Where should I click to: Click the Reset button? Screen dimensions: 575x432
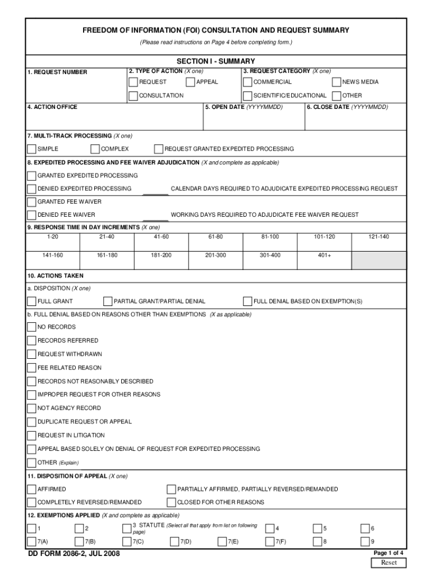click(x=389, y=563)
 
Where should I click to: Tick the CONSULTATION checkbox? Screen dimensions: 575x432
click(x=133, y=95)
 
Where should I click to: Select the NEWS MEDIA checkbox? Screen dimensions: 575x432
click(x=337, y=82)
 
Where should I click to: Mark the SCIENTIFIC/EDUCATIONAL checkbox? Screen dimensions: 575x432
click(x=247, y=95)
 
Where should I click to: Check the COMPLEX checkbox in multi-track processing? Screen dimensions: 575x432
click(x=95, y=149)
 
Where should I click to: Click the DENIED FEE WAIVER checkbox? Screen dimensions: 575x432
click(x=32, y=215)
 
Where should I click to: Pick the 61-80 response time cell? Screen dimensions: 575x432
click(x=215, y=237)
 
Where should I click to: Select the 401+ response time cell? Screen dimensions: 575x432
click(x=324, y=255)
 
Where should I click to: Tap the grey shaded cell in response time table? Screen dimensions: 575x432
click(x=379, y=259)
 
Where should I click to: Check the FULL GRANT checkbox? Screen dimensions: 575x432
click(x=32, y=302)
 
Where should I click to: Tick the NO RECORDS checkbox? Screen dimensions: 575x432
click(x=32, y=327)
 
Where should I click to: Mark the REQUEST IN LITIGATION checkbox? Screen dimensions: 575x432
click(x=32, y=435)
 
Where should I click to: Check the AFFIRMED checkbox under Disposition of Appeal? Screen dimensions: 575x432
click(x=32, y=489)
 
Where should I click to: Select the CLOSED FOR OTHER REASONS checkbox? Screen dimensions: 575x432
click(x=171, y=502)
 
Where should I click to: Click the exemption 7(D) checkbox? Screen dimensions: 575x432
click(x=174, y=541)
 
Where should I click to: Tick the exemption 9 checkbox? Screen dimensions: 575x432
click(x=365, y=541)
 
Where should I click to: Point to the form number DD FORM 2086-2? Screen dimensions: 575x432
click(x=73, y=554)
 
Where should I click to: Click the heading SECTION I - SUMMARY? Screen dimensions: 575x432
click(x=215, y=61)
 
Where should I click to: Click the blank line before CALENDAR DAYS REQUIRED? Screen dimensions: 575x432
click(x=155, y=191)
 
